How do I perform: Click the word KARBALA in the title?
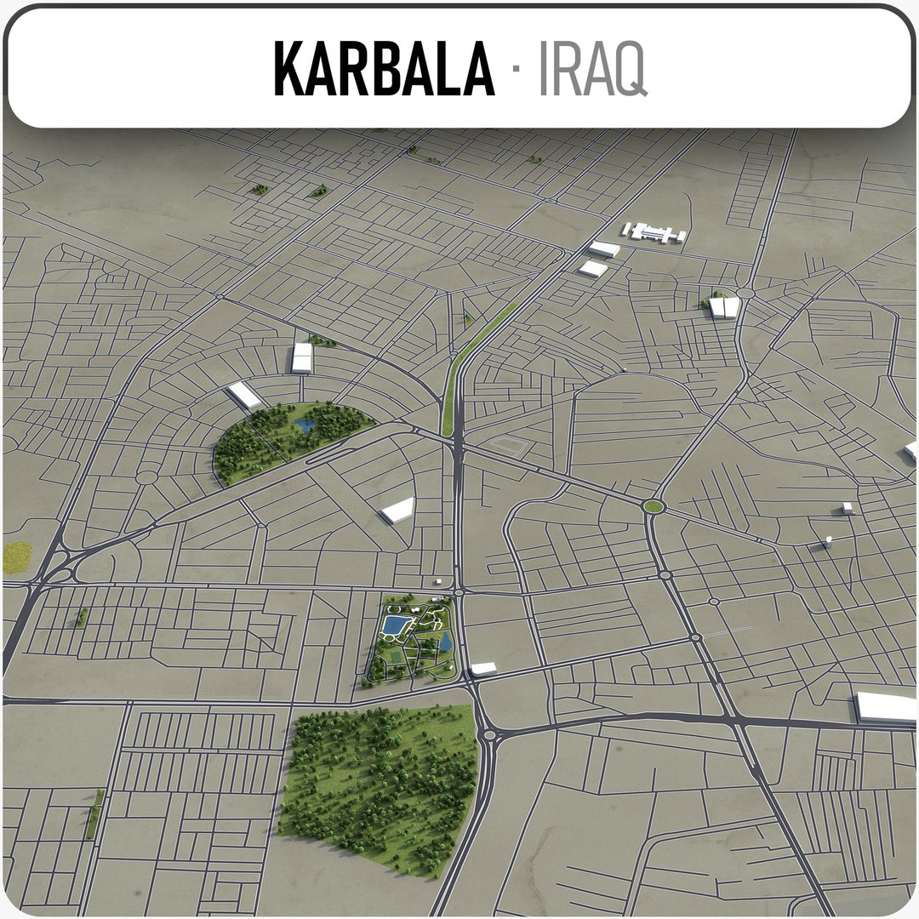383,68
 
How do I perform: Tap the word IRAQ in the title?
592,68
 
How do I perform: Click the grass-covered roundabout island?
653,507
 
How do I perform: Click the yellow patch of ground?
16,557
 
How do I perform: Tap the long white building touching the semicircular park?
245,395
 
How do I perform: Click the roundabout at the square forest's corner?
487,733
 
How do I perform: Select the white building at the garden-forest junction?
482,669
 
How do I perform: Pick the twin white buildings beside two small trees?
723,307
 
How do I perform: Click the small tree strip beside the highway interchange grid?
83,617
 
